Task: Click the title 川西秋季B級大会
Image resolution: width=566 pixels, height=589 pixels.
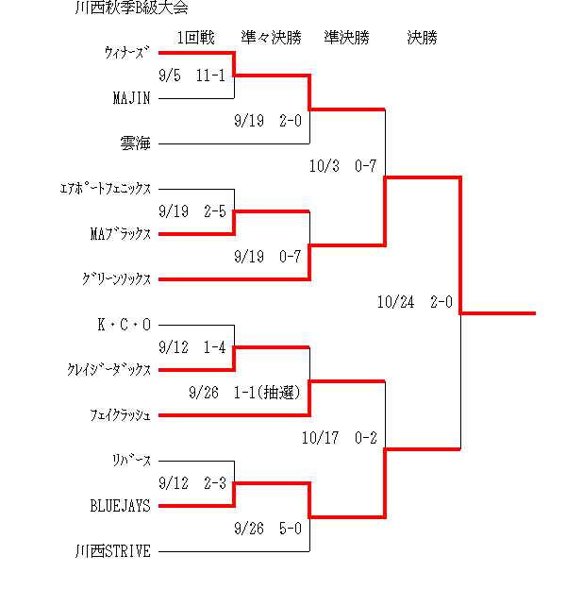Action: [x=131, y=8]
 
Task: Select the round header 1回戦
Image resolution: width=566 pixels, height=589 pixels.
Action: [x=196, y=38]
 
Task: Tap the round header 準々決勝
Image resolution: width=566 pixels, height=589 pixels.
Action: [x=272, y=38]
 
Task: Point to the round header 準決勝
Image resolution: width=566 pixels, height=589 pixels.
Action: [x=347, y=38]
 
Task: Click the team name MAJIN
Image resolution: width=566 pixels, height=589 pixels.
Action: [x=132, y=98]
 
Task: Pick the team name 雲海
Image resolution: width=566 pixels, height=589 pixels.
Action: [x=136, y=143]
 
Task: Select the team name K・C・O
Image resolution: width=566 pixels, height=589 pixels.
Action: [x=125, y=325]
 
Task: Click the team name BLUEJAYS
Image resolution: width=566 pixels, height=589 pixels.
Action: [x=121, y=506]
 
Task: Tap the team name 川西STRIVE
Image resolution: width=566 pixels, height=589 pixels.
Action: [x=113, y=551]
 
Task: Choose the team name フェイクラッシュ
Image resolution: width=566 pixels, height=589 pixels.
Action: [x=121, y=415]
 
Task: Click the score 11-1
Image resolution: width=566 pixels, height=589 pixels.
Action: [x=210, y=76]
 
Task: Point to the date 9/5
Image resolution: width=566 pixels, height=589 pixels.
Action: [x=170, y=76]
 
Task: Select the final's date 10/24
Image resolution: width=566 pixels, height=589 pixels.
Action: [x=396, y=302]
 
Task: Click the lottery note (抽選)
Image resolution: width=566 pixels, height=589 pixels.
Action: [x=278, y=393]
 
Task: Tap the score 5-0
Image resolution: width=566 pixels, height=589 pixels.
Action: [x=291, y=529]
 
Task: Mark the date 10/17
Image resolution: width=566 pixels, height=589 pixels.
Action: [x=321, y=438]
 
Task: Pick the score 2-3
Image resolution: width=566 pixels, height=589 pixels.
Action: [x=215, y=483]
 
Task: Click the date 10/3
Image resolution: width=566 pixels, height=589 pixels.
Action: [x=325, y=166]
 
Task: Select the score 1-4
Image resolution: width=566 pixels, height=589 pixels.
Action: [x=215, y=348]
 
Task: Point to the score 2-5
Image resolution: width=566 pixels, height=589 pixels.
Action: [x=215, y=211]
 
